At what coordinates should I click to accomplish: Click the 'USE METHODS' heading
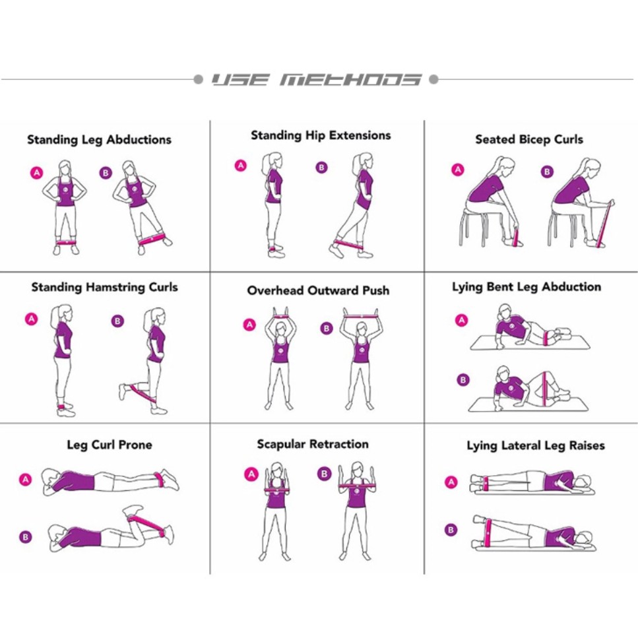tap(316, 79)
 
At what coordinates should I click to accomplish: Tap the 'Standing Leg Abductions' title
tap(99, 140)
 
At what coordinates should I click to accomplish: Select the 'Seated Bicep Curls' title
tap(529, 140)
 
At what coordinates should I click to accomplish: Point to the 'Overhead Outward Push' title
tap(318, 290)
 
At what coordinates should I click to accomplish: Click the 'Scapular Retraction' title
tap(313, 444)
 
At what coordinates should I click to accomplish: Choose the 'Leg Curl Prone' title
tap(110, 445)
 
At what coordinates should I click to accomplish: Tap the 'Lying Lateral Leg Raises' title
tap(536, 446)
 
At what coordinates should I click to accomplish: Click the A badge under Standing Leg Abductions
tap(37, 172)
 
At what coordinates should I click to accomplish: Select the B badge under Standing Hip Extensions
tap(321, 167)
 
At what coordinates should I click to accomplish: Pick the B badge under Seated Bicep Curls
tap(547, 172)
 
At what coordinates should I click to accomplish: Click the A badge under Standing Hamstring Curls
tap(31, 319)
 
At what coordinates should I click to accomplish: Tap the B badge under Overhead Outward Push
tap(327, 329)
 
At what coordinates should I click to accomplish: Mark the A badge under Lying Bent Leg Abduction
tap(461, 320)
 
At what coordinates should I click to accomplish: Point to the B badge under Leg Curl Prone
tap(25, 537)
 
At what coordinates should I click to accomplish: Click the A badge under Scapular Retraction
tap(251, 474)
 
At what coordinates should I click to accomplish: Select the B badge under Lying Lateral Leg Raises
tap(451, 530)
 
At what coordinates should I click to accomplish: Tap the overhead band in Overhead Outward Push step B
tap(360, 315)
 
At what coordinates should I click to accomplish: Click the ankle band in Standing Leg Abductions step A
tap(65, 242)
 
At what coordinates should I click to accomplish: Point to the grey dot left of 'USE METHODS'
tap(198, 79)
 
